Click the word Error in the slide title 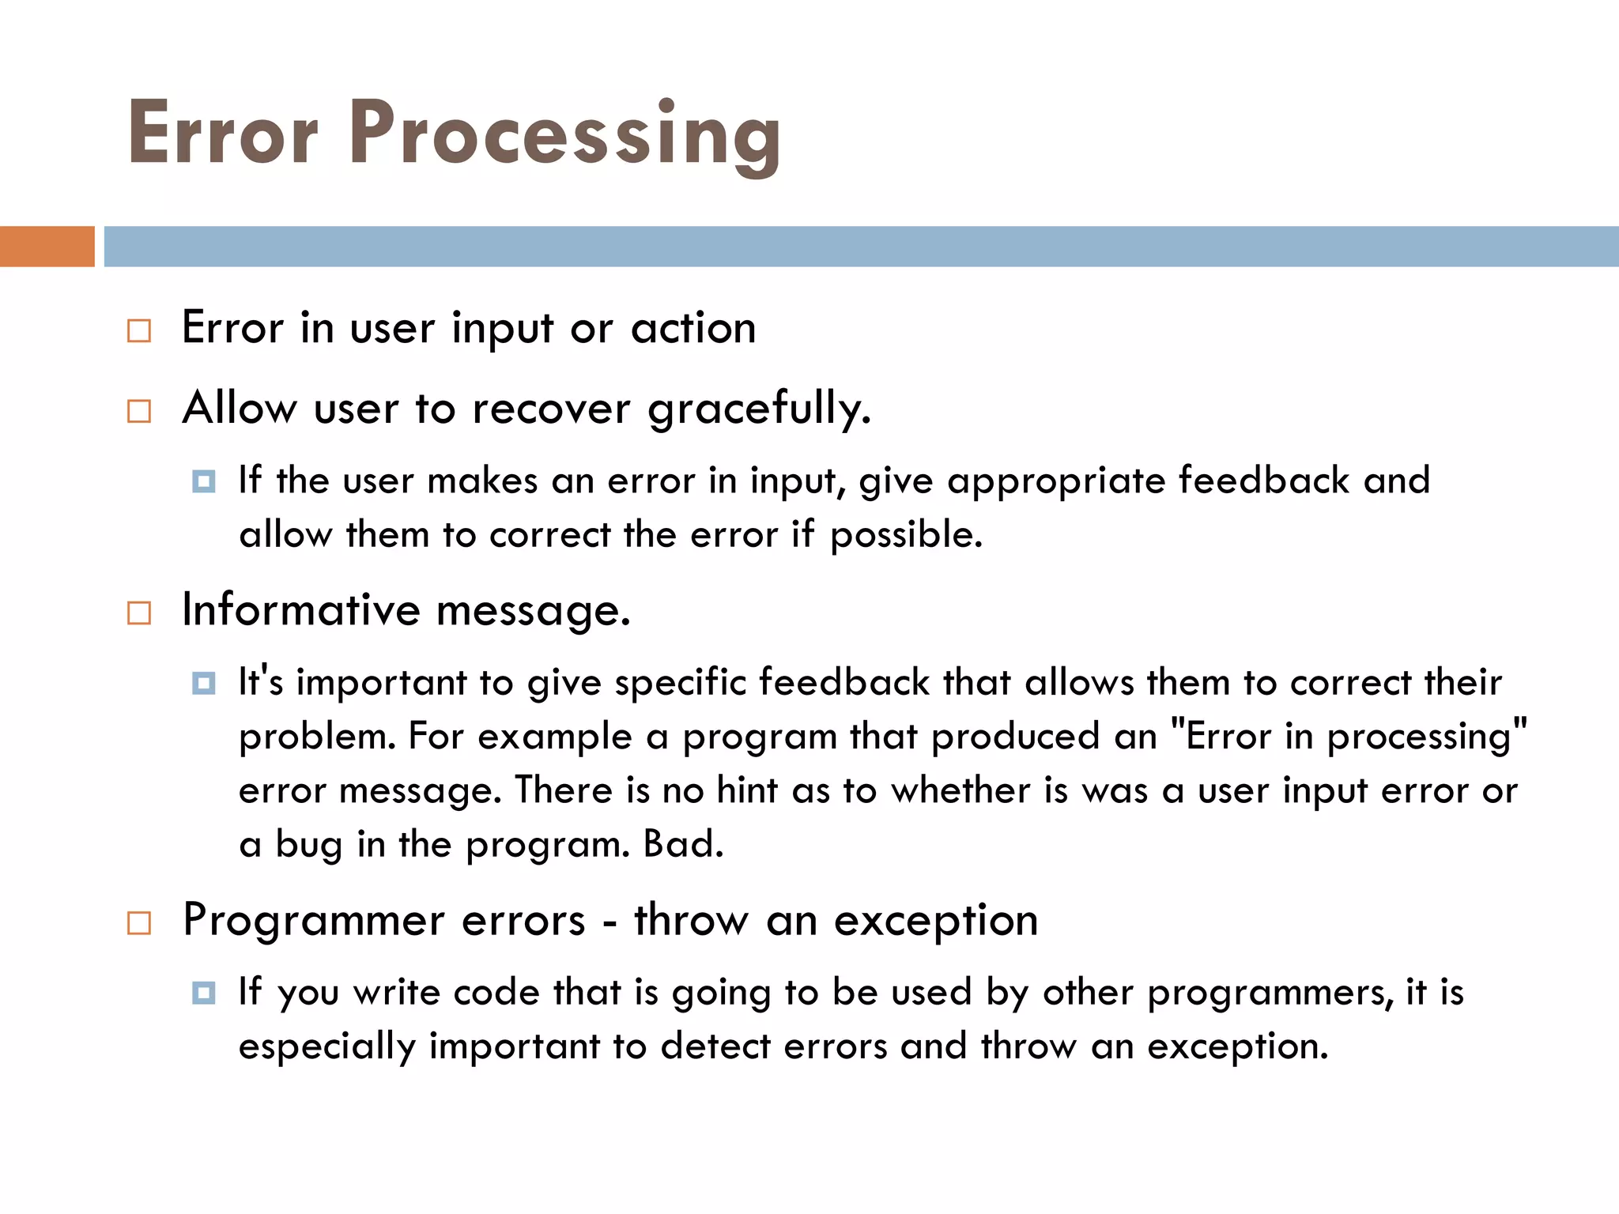click(x=223, y=134)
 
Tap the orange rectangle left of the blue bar click(x=47, y=247)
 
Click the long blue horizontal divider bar click(x=860, y=247)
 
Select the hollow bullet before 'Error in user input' click(x=139, y=330)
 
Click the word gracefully click(x=758, y=409)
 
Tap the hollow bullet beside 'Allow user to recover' click(x=139, y=411)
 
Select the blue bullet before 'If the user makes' click(x=203, y=481)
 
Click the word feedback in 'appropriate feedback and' click(x=1263, y=481)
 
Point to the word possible click(x=905, y=536)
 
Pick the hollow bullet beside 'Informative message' click(x=139, y=613)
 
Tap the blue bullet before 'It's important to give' click(x=203, y=683)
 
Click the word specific click(x=680, y=683)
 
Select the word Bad click(x=682, y=844)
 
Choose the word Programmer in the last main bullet click(x=314, y=921)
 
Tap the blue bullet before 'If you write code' click(x=203, y=993)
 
